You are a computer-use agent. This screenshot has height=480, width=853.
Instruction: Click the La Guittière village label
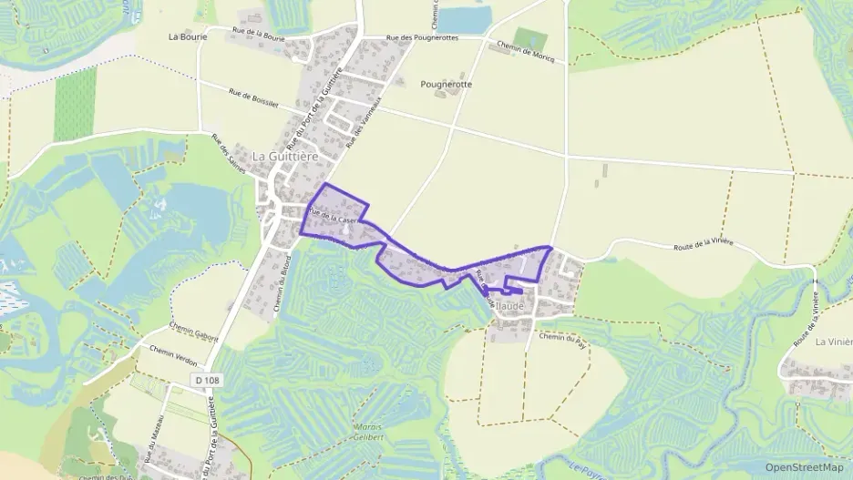click(285, 156)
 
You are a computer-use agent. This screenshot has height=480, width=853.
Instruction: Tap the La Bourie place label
click(188, 37)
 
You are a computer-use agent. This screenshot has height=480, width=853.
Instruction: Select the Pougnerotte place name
click(447, 84)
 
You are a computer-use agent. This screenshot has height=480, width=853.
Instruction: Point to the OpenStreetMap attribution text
click(805, 467)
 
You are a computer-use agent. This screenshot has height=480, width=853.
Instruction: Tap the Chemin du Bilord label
click(284, 292)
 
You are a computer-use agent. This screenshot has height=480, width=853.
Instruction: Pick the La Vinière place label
click(833, 342)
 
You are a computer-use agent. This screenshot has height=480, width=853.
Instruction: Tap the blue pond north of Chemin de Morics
click(466, 18)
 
